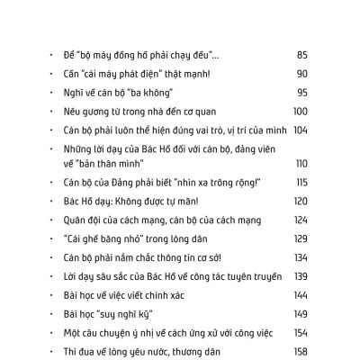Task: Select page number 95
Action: (301, 92)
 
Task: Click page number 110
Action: (301, 163)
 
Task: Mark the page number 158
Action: (301, 350)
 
